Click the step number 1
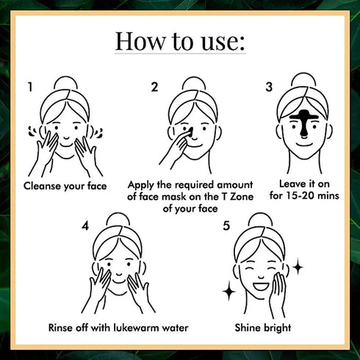point(30,87)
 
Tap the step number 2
point(154,87)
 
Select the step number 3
point(269,87)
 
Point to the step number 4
point(85,226)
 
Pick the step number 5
point(226,226)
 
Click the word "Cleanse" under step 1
point(43,186)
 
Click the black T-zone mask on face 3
point(303,123)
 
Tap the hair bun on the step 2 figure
point(194,83)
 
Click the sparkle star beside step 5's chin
point(229,291)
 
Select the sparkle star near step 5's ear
point(298,267)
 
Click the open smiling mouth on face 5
point(261,286)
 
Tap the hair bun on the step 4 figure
point(118,220)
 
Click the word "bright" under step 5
point(276,328)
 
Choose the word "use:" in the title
point(223,42)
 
